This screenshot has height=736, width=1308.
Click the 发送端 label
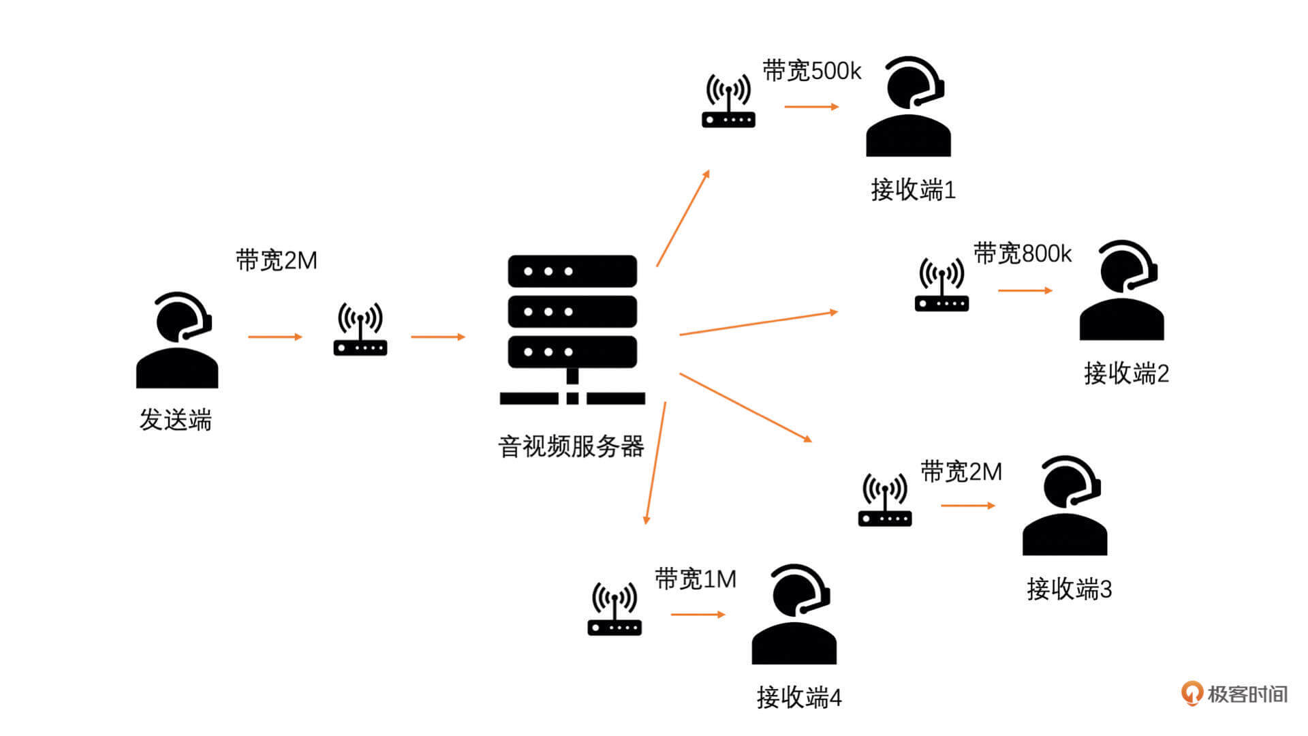(x=176, y=420)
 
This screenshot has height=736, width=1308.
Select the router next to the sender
(x=360, y=330)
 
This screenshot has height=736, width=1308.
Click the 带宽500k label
(x=811, y=71)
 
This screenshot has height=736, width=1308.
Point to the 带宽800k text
(x=1022, y=254)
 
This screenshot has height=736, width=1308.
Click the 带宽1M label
(x=696, y=579)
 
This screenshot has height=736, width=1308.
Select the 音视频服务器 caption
(x=571, y=447)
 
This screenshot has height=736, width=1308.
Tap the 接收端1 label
(x=913, y=189)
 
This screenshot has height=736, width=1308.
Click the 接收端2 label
(x=1126, y=373)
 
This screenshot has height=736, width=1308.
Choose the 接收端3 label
(x=1069, y=589)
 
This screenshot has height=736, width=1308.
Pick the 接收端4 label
(x=799, y=697)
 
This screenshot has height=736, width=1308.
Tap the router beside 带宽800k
(x=941, y=285)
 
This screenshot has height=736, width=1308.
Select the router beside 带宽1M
(x=614, y=609)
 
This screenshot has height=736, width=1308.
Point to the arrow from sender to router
(x=275, y=337)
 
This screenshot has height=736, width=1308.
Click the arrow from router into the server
(x=437, y=337)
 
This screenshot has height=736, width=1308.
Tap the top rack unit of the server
(x=572, y=271)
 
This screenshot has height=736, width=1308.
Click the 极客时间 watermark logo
(x=1234, y=694)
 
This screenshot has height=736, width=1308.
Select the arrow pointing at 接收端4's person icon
(x=698, y=615)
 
